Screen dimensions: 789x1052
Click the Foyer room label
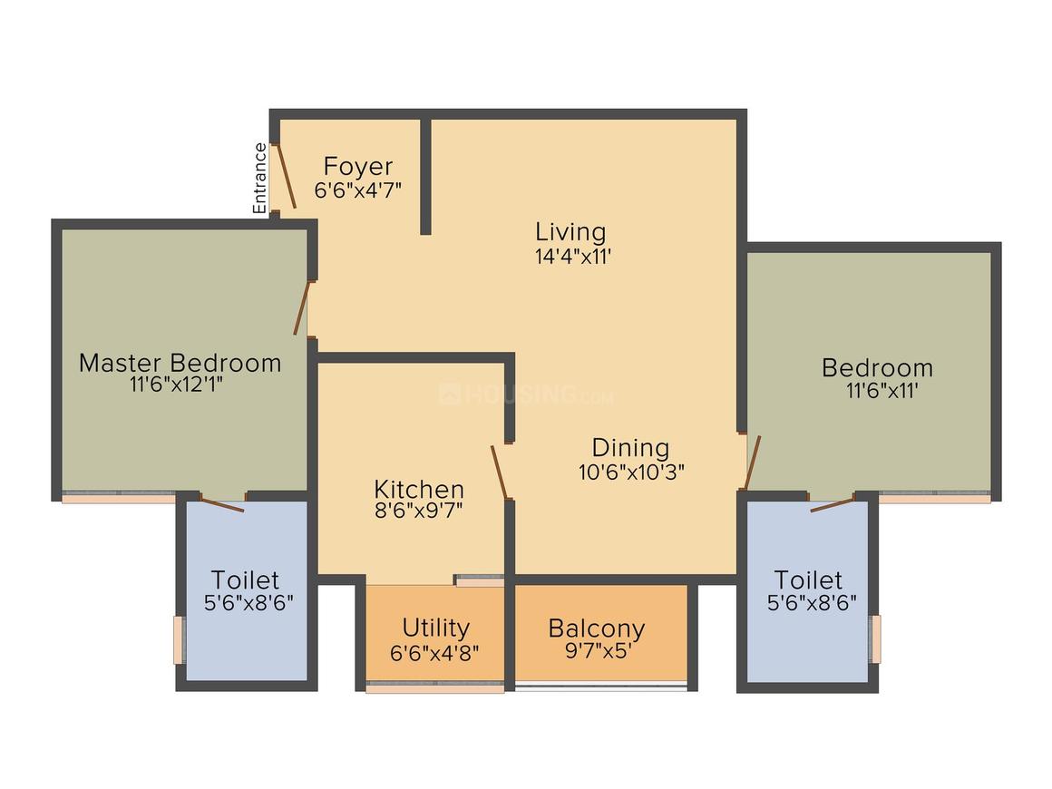point(358,167)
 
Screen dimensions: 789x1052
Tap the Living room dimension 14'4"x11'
point(570,256)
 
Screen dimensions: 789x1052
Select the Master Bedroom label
point(180,363)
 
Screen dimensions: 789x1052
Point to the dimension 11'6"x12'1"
point(177,385)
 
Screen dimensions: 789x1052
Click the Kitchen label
point(419,490)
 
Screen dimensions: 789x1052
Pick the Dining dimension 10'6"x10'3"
point(631,472)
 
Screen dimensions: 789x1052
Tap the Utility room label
point(435,628)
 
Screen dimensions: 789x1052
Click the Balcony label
point(596,628)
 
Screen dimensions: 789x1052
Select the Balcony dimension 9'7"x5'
point(596,650)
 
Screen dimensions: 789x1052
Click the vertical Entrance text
point(260,179)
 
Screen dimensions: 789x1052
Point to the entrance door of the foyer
point(286,175)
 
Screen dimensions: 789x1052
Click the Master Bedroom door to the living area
point(302,308)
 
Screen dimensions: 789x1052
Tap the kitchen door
point(500,472)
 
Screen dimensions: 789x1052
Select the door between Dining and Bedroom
point(752,463)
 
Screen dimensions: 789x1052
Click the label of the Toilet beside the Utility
point(245,579)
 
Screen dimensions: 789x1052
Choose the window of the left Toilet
point(179,639)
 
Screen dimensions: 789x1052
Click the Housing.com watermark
point(526,395)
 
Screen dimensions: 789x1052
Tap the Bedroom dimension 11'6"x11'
point(877,390)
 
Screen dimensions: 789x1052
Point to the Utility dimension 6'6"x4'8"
point(435,650)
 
